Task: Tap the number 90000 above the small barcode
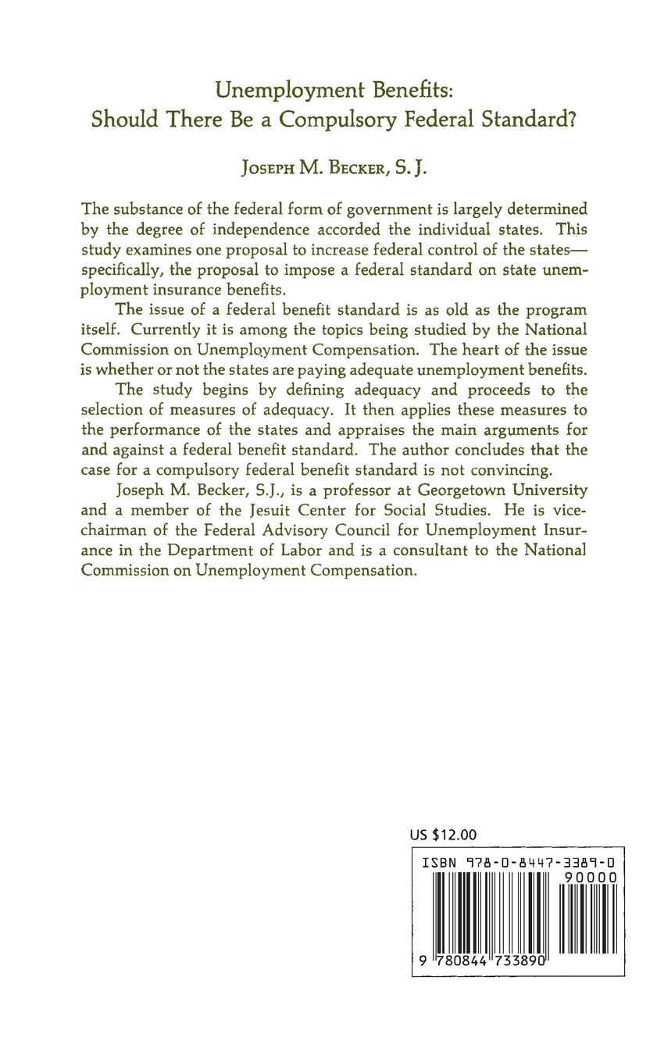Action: click(591, 877)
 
